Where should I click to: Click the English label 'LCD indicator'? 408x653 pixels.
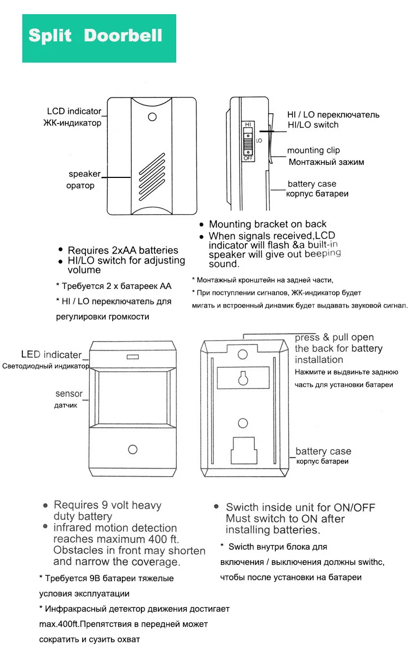(74, 112)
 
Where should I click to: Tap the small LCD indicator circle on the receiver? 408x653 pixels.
(152, 116)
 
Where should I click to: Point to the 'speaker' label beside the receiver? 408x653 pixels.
(84, 174)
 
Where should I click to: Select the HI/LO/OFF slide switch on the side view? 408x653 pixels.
(248, 141)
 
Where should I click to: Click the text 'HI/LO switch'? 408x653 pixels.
(313, 125)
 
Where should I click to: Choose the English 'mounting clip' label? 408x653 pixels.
(313, 150)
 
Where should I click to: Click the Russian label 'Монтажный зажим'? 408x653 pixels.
(326, 162)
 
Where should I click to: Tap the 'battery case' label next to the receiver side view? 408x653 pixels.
(312, 184)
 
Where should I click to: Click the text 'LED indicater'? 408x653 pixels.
(51, 355)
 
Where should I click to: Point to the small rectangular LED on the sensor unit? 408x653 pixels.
(132, 357)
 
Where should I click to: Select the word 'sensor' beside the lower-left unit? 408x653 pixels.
(69, 393)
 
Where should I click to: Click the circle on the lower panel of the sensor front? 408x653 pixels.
(132, 449)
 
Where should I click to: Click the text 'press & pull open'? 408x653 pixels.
(335, 337)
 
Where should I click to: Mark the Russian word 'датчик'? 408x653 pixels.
(66, 405)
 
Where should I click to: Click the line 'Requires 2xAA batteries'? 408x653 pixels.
(123, 250)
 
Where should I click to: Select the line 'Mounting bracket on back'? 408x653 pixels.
(268, 224)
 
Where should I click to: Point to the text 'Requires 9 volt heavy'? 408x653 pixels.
(108, 505)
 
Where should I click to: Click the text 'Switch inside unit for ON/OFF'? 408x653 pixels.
(300, 508)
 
